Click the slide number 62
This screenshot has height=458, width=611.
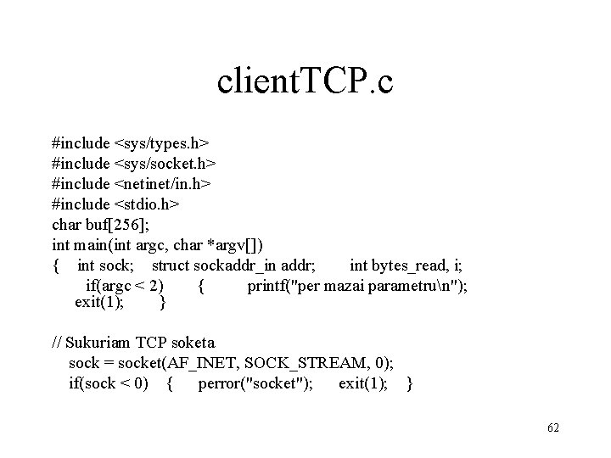click(552, 427)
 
